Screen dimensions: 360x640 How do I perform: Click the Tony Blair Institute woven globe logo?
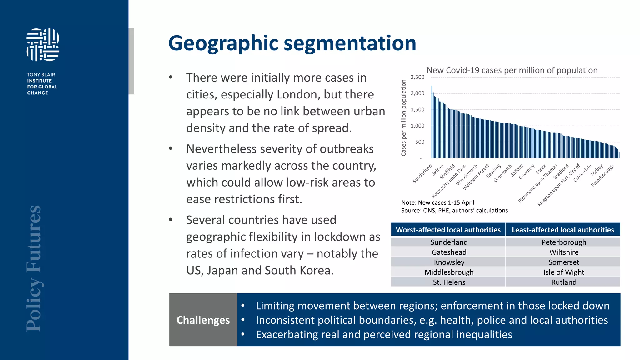[x=43, y=45]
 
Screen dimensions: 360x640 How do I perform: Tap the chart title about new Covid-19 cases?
[x=512, y=70]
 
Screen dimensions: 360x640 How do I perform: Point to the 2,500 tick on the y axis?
[x=417, y=77]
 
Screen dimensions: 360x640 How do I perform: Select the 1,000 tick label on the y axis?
[x=417, y=126]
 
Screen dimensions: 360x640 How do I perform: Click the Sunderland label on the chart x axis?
[x=422, y=173]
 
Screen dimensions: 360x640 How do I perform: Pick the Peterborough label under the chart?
[x=602, y=176]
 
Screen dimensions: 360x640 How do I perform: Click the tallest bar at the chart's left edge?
[x=432, y=122]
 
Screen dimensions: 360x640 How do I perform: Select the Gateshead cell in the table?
[x=449, y=252]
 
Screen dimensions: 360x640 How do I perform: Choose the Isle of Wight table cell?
[x=563, y=272]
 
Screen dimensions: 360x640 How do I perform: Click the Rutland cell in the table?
[x=563, y=282]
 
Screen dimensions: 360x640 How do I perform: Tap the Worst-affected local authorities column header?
[x=448, y=230]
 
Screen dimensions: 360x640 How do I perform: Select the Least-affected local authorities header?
[x=563, y=230]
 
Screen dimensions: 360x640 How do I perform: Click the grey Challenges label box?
[x=203, y=320]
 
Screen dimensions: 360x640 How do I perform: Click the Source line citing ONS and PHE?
[x=454, y=211]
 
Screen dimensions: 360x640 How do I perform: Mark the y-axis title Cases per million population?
[x=403, y=118]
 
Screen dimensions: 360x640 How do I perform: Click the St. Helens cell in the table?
[x=449, y=282]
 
